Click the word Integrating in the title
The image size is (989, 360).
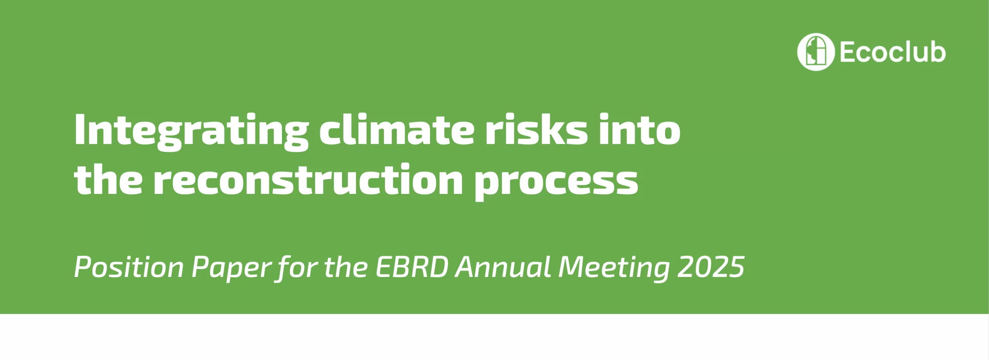(192, 132)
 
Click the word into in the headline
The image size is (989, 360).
(640, 129)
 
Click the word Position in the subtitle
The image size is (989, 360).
(129, 267)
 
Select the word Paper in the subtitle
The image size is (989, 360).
(232, 269)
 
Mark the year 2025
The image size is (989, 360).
(711, 267)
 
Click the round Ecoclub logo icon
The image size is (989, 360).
(816, 52)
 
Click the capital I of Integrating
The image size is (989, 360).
(79, 129)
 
